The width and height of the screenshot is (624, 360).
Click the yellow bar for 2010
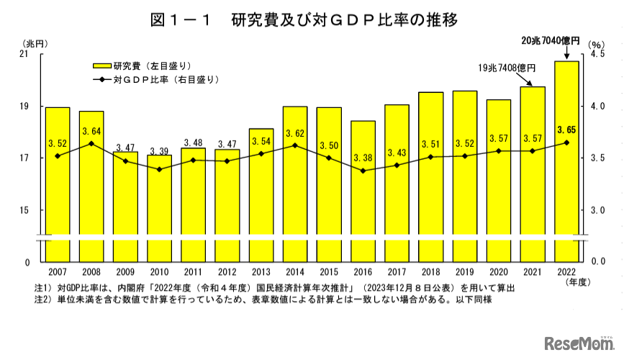pos(160,209)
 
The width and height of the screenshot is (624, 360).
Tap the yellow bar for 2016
pos(363,209)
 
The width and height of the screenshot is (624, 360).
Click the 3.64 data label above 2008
pos(91,132)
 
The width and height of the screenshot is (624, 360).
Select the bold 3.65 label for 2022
pos(566,130)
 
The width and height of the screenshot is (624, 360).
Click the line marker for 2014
pos(295,145)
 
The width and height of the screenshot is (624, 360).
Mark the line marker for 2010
pos(160,169)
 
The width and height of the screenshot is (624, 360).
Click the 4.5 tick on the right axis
pos(597,54)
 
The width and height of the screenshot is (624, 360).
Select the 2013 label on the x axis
pos(261,272)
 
